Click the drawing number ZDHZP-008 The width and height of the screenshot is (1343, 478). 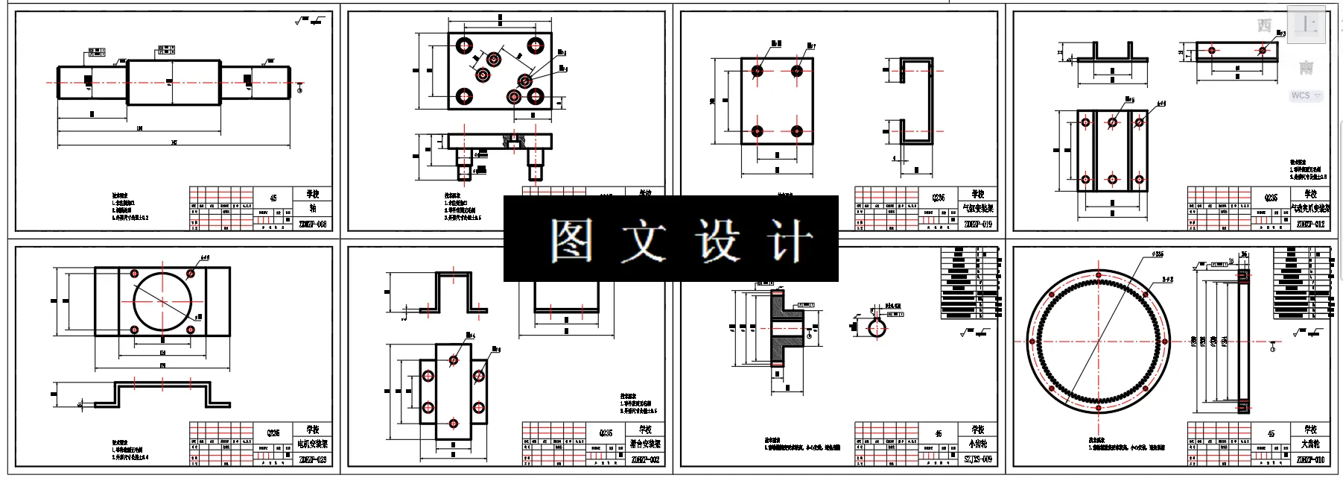click(x=313, y=224)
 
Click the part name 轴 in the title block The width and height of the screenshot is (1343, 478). click(x=313, y=209)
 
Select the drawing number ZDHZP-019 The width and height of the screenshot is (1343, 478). click(x=978, y=224)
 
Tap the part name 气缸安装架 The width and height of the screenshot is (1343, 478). click(x=978, y=209)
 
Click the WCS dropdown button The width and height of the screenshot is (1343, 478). click(x=1307, y=95)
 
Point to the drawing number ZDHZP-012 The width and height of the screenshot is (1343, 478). click(x=1311, y=224)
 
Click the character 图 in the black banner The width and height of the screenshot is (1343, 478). click(x=571, y=240)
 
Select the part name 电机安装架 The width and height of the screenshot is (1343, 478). click(x=313, y=444)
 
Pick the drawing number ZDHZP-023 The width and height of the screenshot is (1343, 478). click(x=313, y=459)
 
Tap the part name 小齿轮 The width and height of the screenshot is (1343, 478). click(x=978, y=444)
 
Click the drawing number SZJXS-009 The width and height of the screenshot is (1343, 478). click(x=978, y=459)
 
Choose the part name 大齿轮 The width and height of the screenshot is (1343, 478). click(x=1311, y=444)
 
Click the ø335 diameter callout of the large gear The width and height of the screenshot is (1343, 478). click(x=1157, y=254)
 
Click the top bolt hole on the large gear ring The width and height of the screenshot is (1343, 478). click(x=1099, y=275)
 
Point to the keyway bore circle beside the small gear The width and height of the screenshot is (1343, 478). click(x=876, y=326)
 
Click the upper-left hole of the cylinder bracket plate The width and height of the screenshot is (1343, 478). click(x=758, y=72)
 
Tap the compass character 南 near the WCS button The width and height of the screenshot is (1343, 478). click(x=1306, y=68)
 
